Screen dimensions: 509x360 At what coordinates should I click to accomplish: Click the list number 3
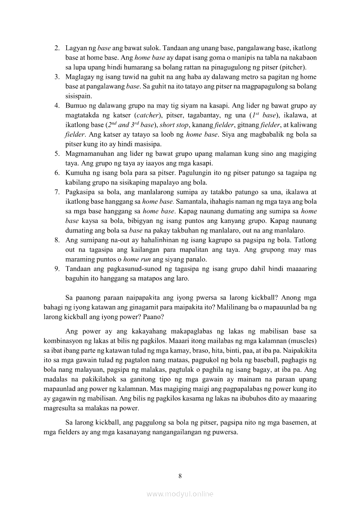[57, 77]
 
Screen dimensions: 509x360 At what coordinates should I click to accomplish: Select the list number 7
[57, 192]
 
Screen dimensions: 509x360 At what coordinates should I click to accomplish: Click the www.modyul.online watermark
[180, 494]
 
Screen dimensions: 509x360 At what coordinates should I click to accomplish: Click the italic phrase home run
[137, 259]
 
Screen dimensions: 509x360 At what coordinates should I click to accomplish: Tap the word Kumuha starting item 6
[77, 173]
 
